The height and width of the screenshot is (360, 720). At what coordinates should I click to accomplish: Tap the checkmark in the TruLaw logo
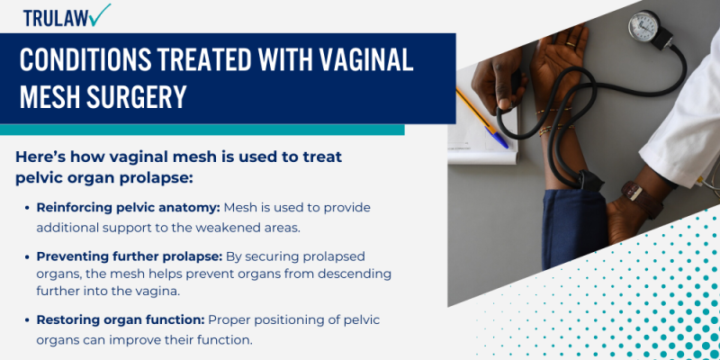(101, 13)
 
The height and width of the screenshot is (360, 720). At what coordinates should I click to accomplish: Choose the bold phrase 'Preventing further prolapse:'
(129, 256)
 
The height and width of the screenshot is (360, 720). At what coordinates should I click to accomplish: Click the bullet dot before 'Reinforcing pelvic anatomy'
(26, 208)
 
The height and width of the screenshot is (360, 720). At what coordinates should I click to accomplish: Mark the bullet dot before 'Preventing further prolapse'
(26, 256)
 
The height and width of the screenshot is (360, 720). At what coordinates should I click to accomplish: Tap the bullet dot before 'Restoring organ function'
(26, 319)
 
